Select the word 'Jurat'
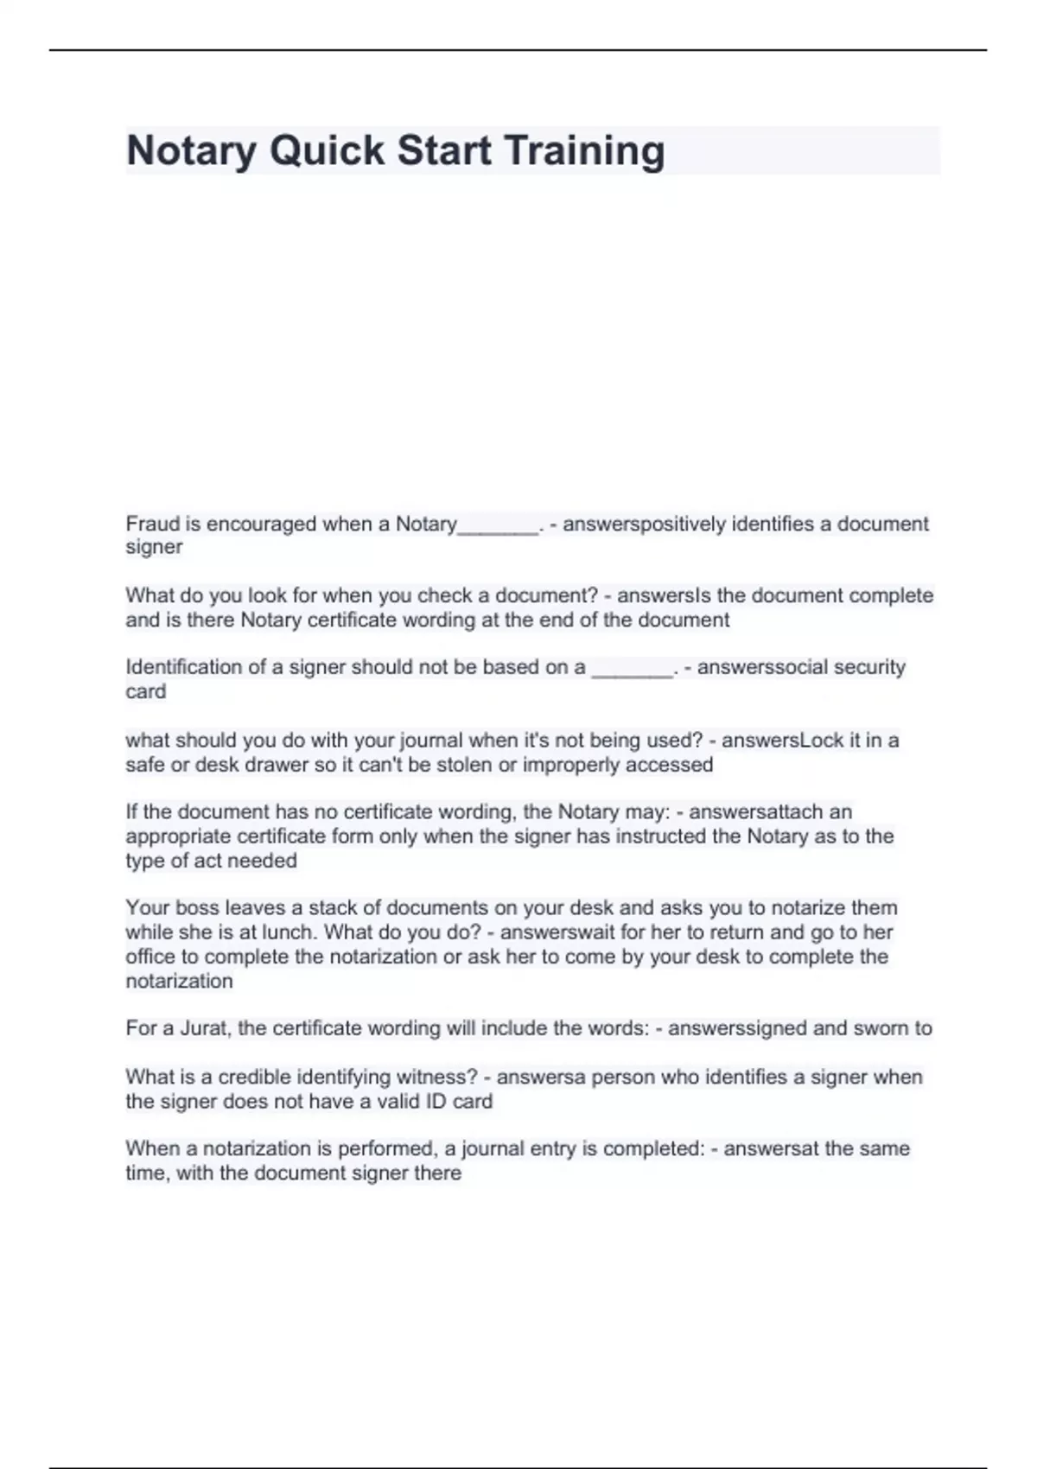pyautogui.click(x=204, y=1028)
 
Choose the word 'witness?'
pyautogui.click(x=436, y=1077)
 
